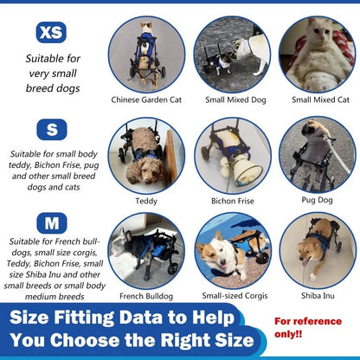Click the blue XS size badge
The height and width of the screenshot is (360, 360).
[51, 33]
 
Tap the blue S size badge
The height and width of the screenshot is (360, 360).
[51, 129]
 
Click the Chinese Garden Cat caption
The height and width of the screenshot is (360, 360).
[145, 100]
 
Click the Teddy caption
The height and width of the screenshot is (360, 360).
[146, 200]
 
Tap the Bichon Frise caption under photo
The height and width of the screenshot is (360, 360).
[231, 200]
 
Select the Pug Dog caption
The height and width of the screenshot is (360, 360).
[317, 200]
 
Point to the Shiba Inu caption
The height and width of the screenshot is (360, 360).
[317, 295]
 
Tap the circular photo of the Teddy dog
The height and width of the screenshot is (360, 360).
[145, 155]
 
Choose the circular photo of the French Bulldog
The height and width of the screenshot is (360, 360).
[145, 250]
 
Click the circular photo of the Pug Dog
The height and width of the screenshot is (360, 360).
[317, 155]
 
